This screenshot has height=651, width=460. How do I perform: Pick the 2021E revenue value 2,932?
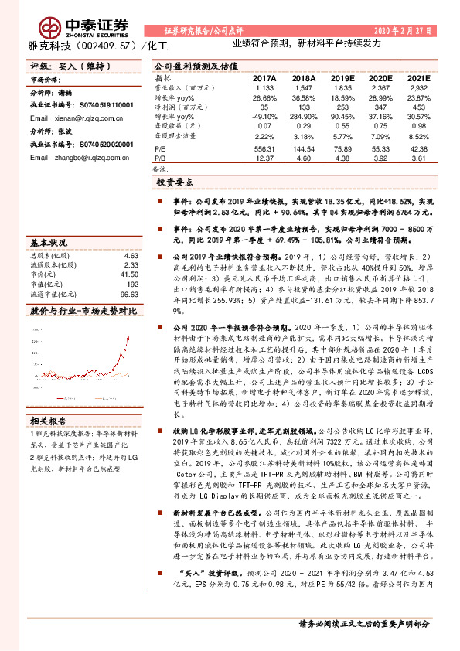(418, 89)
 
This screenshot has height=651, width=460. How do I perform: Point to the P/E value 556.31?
(264, 148)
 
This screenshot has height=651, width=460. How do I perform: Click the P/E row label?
(161, 148)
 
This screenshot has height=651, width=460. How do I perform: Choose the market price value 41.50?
(129, 274)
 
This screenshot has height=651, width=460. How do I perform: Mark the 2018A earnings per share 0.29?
(305, 125)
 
